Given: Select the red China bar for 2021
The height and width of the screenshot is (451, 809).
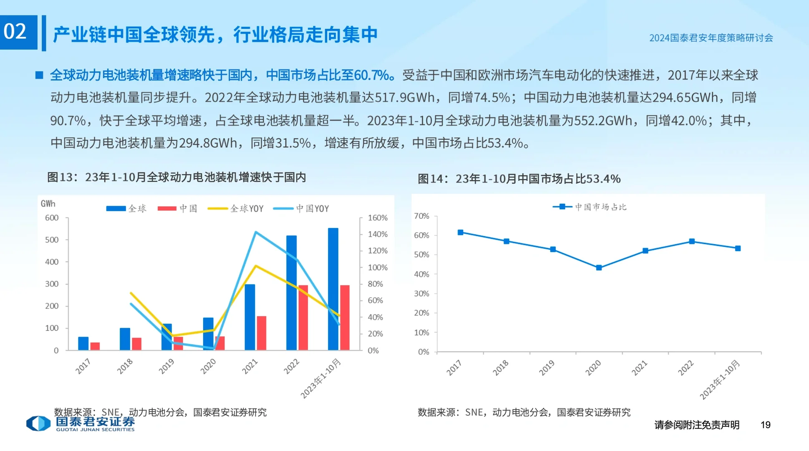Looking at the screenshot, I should click(261, 333).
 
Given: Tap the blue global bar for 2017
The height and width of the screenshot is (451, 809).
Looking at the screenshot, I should click(83, 343).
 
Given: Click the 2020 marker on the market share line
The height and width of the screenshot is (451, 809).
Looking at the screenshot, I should click(599, 268).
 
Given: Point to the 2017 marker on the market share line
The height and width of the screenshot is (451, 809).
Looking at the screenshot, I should click(460, 232).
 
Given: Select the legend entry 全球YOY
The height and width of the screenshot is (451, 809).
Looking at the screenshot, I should click(236, 208).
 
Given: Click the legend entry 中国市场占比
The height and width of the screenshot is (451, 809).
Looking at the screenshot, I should click(590, 207).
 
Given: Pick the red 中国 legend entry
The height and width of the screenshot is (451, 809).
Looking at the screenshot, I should click(177, 208).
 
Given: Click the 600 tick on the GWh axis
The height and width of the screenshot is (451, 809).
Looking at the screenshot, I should click(52, 218).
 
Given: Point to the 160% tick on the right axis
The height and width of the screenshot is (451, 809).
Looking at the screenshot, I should click(378, 218).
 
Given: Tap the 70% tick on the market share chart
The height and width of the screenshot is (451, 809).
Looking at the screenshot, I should click(421, 216).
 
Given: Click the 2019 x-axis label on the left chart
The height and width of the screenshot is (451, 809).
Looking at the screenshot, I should click(166, 366).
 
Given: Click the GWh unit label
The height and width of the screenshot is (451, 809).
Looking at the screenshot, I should click(48, 203).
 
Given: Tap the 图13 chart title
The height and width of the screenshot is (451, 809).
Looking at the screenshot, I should click(176, 177).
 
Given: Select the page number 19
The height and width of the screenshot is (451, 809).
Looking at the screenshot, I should click(765, 425).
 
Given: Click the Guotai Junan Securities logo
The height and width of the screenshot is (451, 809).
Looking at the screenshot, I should click(80, 423).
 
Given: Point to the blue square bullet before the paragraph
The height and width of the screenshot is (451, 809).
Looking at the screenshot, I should click(39, 75).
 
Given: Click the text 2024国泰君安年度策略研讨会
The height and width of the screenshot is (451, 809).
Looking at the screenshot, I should click(711, 38).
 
